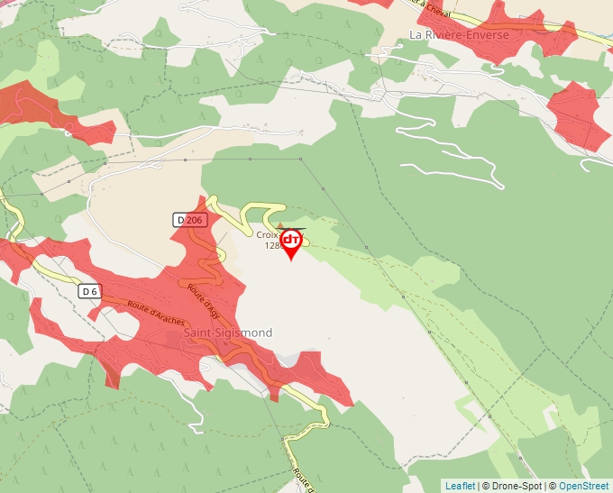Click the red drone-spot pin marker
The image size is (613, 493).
pyautogui.click(x=291, y=242)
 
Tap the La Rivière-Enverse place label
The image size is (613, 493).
pyautogui.click(x=459, y=35)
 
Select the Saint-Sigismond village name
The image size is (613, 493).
pyautogui.click(x=228, y=333)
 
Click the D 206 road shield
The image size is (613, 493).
pyautogui.click(x=190, y=220)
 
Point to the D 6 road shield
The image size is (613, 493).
pyautogui.click(x=88, y=291)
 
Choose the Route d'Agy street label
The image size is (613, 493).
pyautogui.click(x=204, y=300)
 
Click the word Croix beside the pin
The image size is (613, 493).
pyautogui.click(x=268, y=234)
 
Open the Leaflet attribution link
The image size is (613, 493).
pyautogui.click(x=460, y=486)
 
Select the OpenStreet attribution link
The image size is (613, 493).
pyautogui.click(x=583, y=486)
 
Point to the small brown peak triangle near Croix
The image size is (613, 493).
pyautogui.click(x=279, y=225)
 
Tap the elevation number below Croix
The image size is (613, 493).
pyautogui.click(x=272, y=245)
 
